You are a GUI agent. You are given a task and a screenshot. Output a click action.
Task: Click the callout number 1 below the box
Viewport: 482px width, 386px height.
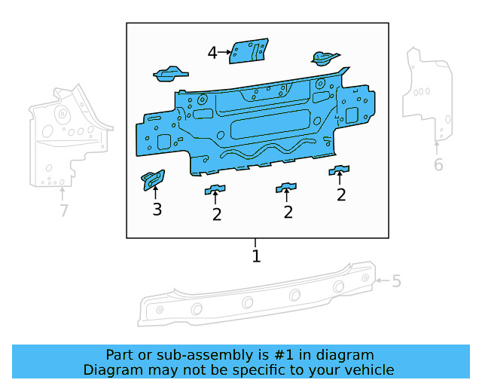point(256,256)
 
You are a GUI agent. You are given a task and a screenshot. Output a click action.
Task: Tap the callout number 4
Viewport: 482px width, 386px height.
point(212,52)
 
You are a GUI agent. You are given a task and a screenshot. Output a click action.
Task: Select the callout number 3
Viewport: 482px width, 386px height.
point(157,210)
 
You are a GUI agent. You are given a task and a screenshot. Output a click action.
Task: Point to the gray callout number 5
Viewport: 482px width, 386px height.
point(396,281)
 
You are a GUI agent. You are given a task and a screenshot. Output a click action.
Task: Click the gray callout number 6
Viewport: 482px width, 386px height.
point(438,164)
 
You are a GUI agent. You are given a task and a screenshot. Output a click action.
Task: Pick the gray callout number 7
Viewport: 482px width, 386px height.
point(64,210)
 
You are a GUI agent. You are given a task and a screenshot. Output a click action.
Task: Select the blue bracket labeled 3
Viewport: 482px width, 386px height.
point(154,180)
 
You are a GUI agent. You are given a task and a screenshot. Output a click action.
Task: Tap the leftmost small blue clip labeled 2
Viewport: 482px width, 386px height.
point(216,188)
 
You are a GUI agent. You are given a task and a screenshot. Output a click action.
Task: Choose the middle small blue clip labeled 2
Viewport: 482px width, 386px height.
point(286,186)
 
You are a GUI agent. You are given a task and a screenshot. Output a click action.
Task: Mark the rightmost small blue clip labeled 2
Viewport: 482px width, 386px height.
point(340,170)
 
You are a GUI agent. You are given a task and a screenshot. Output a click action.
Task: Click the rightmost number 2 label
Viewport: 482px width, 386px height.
point(341,195)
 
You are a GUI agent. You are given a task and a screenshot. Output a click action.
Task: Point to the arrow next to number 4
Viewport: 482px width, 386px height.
point(224,52)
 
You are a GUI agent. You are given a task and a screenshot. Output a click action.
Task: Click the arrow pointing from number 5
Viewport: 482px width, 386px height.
point(383,281)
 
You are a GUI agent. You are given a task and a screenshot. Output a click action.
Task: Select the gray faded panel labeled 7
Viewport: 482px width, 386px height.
point(64,139)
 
